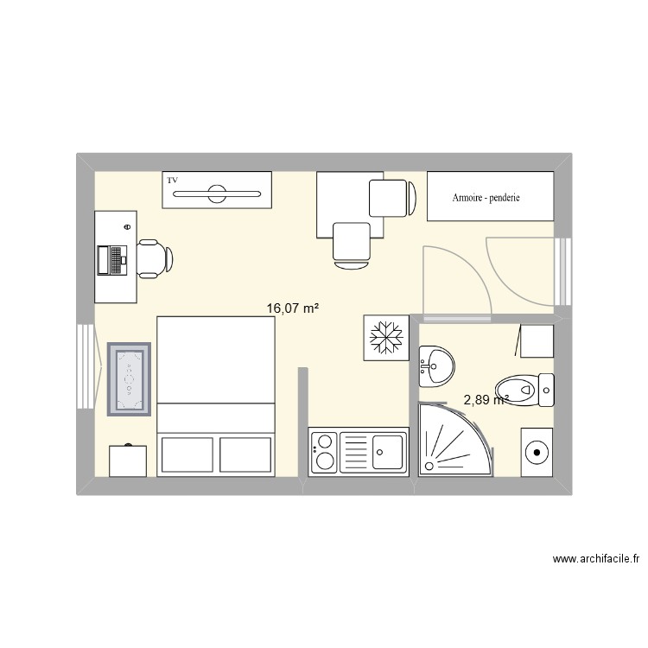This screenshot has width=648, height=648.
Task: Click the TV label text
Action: [173, 180]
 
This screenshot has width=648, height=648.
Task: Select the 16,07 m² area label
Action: [293, 307]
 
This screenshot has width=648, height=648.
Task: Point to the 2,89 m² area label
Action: [485, 399]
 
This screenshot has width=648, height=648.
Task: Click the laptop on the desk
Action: [113, 259]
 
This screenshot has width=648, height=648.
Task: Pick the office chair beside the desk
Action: [153, 257]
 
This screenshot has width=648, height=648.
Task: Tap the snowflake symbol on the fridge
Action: [382, 336]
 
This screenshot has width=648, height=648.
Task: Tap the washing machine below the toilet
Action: [538, 451]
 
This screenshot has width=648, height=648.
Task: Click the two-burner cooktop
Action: [323, 452]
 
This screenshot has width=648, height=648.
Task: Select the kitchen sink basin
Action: [386, 449]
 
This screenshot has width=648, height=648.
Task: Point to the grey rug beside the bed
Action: [130, 378]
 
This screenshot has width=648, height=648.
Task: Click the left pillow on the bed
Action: [187, 454]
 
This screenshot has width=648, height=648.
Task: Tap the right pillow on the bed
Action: [245, 454]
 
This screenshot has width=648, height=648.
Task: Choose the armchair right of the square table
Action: [388, 198]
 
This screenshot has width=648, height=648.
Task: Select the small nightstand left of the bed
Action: [128, 461]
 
